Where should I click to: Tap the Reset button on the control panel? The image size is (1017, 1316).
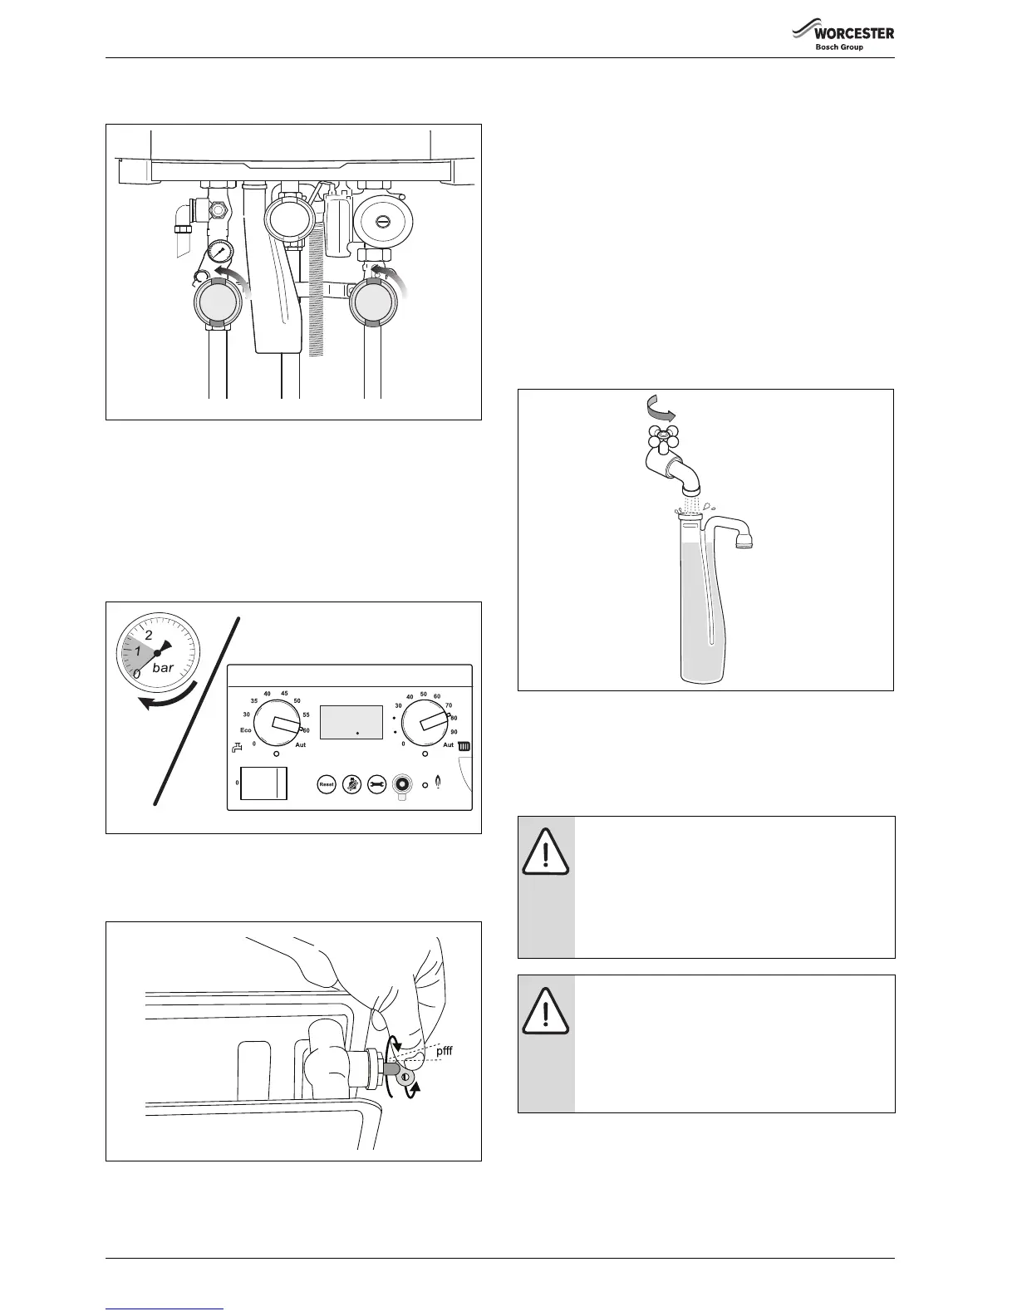(327, 784)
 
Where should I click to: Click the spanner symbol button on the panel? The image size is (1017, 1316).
(376, 784)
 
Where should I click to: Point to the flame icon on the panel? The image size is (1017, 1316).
(439, 783)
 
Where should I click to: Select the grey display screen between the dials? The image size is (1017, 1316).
(351, 722)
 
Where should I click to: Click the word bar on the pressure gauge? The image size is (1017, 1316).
(163, 668)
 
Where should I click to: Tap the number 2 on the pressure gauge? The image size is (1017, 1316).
(149, 636)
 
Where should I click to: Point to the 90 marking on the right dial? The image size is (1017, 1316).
(454, 732)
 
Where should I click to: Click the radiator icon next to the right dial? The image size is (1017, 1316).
(464, 746)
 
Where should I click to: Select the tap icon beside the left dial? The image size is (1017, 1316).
(238, 747)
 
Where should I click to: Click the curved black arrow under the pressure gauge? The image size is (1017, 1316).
(169, 698)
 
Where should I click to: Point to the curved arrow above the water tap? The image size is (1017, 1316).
(661, 407)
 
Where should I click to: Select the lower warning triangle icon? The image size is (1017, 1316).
(546, 1011)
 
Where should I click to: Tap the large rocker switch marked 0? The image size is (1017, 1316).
(263, 783)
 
